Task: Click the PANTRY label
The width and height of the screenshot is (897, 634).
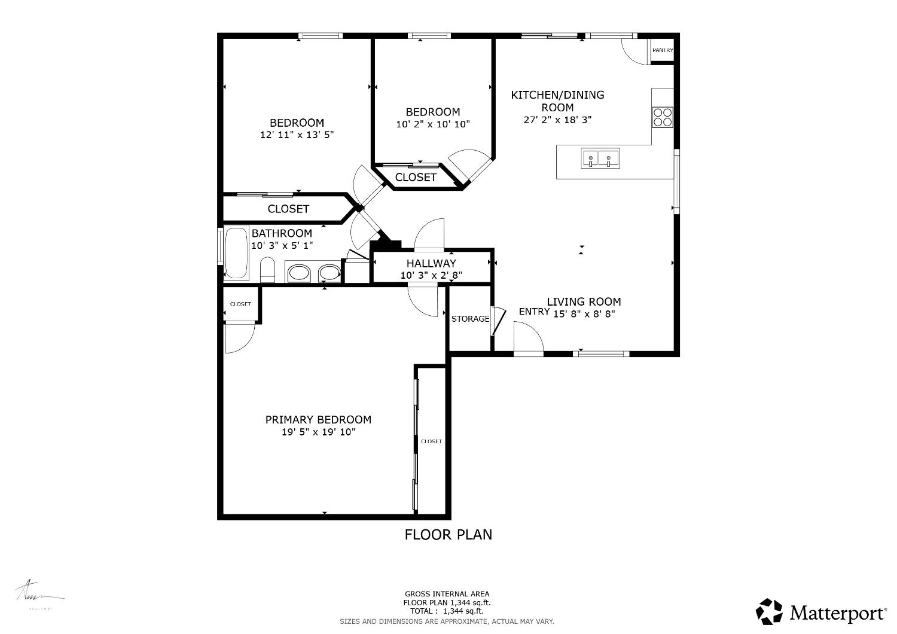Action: (x=662, y=50)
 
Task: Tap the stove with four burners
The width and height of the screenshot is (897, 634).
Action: (x=663, y=117)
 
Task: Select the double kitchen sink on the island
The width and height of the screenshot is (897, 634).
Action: (x=600, y=158)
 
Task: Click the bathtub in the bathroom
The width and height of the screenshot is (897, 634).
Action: (x=236, y=253)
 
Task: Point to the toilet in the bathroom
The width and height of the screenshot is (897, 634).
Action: (x=267, y=270)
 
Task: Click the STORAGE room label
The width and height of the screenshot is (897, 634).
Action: (x=470, y=319)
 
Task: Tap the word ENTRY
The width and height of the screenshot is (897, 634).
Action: (x=534, y=312)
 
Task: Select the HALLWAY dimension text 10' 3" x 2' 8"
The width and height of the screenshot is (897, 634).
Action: (x=431, y=275)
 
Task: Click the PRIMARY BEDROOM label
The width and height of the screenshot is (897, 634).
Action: (x=318, y=420)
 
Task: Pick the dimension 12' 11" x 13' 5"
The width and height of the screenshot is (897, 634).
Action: (x=297, y=135)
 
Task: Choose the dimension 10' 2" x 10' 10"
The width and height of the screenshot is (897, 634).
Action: (x=433, y=124)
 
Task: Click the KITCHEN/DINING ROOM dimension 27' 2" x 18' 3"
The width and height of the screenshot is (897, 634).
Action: (x=558, y=120)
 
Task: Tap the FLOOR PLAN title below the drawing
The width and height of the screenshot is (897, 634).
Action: (x=448, y=535)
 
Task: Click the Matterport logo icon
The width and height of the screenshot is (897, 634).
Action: (x=769, y=611)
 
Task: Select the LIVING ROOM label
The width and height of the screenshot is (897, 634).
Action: (x=584, y=301)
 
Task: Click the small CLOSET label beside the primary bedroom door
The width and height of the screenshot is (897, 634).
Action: (x=240, y=304)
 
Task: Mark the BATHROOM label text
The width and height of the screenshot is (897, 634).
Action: (x=282, y=233)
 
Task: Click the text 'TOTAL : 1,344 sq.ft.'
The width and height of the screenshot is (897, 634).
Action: (x=447, y=611)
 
